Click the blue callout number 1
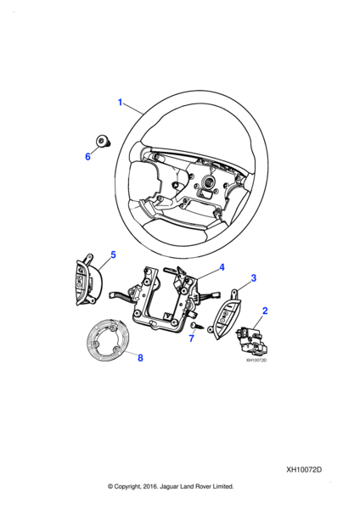point(120,103)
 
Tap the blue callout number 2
point(265,310)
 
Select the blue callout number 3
point(253,278)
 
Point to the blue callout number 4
point(222,267)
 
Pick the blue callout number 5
point(113,255)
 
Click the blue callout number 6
point(87,157)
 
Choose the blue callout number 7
point(191,338)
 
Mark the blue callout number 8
point(140,358)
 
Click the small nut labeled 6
point(103,142)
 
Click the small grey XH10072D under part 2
point(256,361)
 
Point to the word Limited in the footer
point(223,486)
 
